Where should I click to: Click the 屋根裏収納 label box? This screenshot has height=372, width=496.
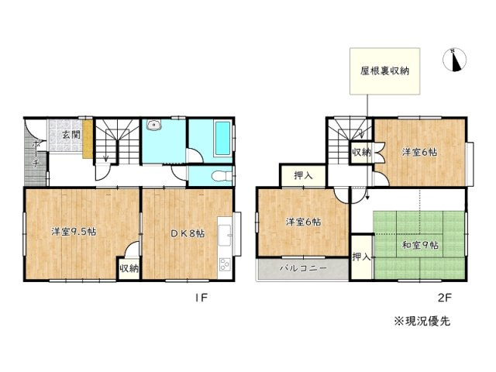tap(384, 71)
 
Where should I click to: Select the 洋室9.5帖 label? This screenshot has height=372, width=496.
tap(74, 232)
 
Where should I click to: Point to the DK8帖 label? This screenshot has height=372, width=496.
tap(188, 232)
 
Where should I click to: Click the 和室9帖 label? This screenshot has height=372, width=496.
tap(419, 246)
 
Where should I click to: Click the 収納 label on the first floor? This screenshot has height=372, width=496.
tap(129, 268)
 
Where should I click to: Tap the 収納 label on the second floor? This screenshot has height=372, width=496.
tap(360, 152)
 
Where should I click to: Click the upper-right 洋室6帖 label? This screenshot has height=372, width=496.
tap(419, 152)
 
